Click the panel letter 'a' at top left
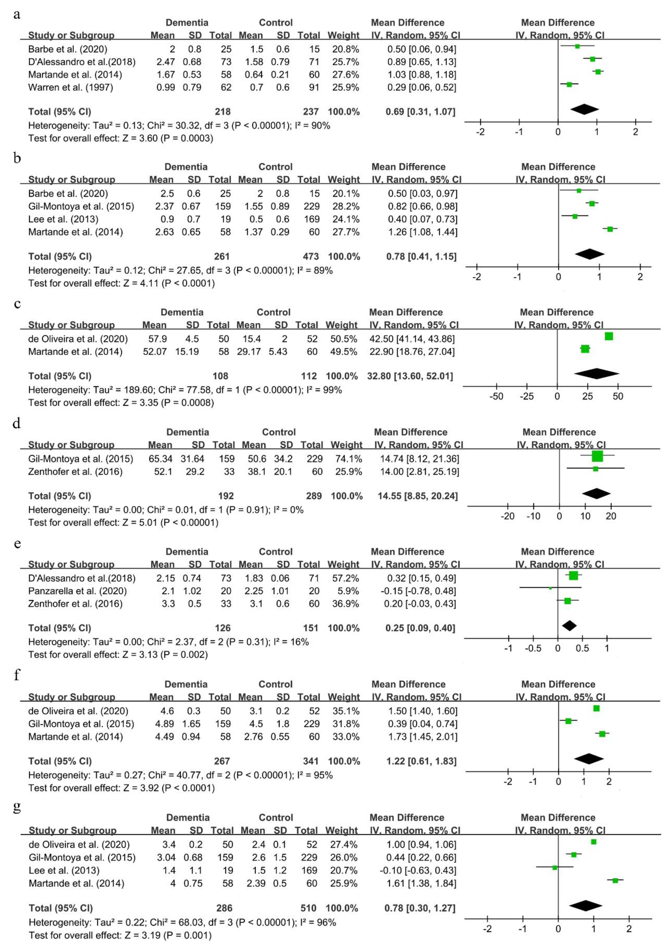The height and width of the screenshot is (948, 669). (x=16, y=15)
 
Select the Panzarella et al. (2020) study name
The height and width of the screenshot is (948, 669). (x=77, y=591)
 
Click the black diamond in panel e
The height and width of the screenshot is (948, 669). (x=569, y=626)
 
